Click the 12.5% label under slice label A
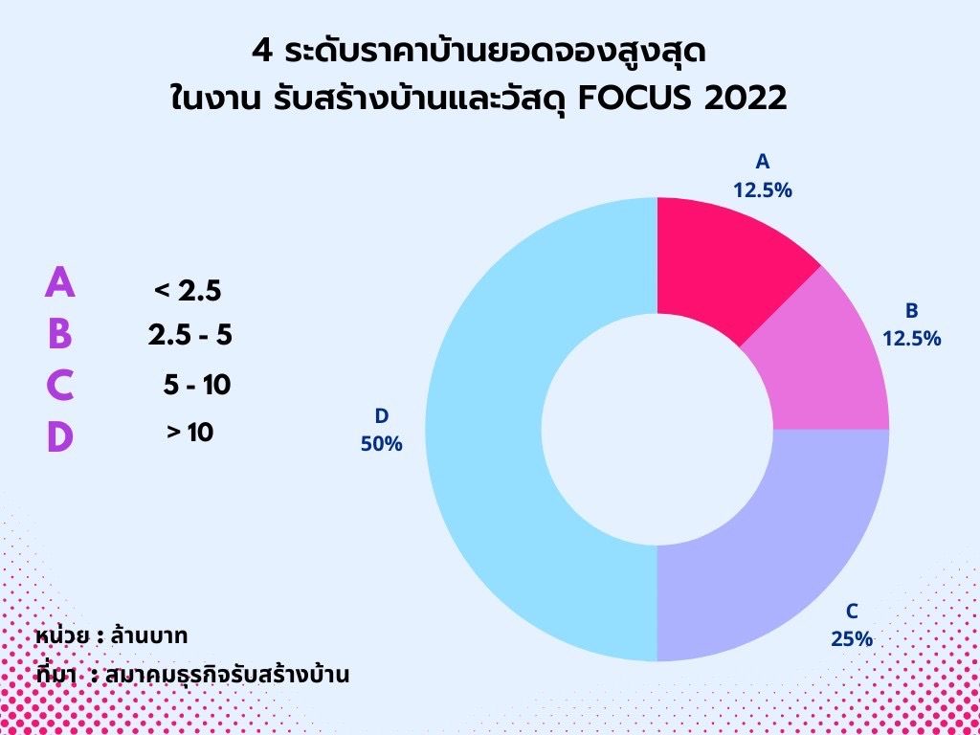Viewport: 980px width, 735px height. point(763,190)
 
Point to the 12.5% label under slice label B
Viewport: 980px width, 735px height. point(911,338)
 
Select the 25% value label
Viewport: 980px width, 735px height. point(851,638)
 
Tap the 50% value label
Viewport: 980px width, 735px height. point(381,444)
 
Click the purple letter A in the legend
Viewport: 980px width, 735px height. point(60,281)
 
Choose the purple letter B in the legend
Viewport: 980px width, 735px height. point(60,334)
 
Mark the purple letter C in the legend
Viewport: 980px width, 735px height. point(60,385)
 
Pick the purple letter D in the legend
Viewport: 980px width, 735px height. point(60,436)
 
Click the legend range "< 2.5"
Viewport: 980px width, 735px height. point(188,291)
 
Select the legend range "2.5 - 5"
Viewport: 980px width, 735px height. point(190,335)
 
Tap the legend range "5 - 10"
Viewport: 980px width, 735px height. point(197,385)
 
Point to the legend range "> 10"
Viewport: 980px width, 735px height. point(190,432)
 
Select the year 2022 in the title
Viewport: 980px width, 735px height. point(745,99)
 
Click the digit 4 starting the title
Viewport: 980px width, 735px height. point(262,52)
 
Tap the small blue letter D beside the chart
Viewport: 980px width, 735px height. point(381,415)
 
